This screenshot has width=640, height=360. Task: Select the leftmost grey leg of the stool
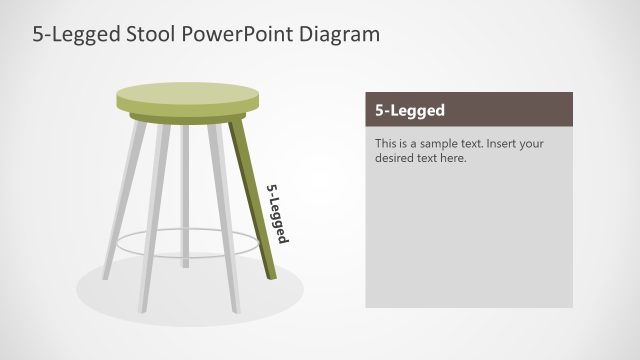[125, 200]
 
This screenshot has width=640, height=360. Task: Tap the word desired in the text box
[396, 157]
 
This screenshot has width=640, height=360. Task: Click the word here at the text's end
[455, 157]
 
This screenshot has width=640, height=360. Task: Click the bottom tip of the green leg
[271, 277]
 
